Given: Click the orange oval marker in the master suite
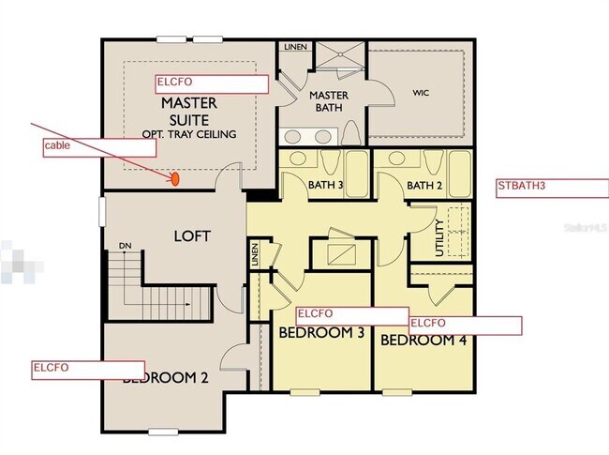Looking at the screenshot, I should tap(174, 177).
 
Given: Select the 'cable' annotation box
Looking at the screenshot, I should tap(98, 146).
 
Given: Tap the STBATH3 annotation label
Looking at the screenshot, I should tap(551, 186).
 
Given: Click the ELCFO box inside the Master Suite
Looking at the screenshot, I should tap(213, 83).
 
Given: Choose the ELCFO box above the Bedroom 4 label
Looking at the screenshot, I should tap(465, 325).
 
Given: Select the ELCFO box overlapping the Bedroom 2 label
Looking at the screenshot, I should tap(88, 369).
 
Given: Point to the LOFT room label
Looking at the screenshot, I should tap(192, 236).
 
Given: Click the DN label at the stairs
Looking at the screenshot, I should tap(125, 247).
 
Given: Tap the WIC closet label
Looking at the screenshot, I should tap(420, 93).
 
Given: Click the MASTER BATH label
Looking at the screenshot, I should tap(329, 101).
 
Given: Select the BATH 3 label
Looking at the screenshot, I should tap(325, 186).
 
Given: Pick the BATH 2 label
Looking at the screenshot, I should tap(423, 186).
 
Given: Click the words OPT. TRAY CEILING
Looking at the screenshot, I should tap(188, 134).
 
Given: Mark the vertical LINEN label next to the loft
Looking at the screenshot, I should tap(254, 254).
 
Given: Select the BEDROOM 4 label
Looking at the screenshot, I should tap(423, 340).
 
